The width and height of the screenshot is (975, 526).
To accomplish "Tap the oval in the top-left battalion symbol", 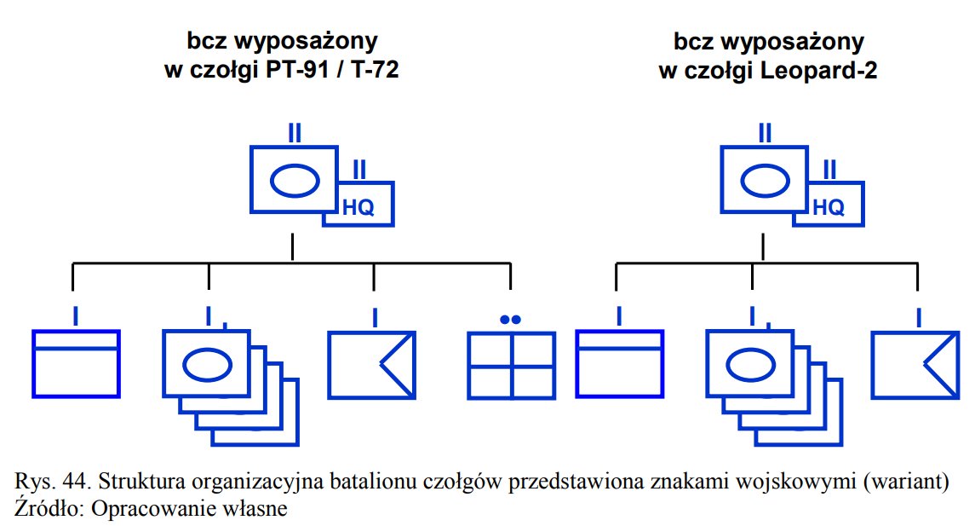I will tap(295, 180).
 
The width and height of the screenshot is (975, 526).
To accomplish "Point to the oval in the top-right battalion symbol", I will tap(765, 180).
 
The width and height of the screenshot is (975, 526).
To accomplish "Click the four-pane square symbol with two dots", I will tap(512, 365).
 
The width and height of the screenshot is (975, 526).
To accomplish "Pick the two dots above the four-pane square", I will tap(511, 320).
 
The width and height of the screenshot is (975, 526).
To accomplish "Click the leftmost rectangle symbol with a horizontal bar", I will tap(76, 364).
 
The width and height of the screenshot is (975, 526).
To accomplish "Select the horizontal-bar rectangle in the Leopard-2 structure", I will tap(619, 364).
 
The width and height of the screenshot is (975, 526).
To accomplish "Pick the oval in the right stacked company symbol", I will tap(750, 366).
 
